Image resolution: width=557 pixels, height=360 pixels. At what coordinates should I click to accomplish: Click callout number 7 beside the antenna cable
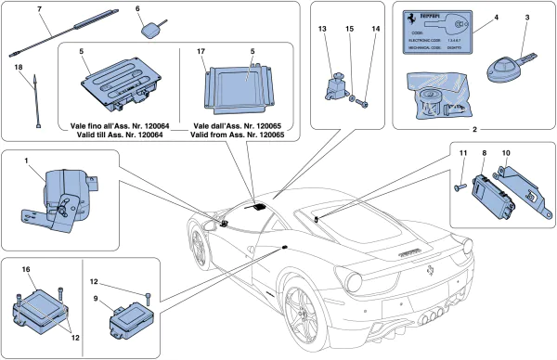[39, 9]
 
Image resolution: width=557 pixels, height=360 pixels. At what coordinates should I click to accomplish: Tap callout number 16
[26, 268]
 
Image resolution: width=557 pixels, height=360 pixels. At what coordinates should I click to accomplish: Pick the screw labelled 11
[459, 187]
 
